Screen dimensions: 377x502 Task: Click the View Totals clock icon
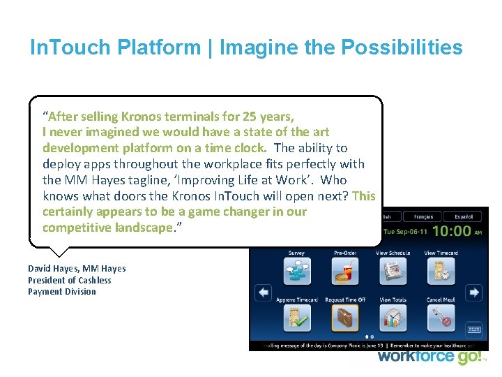pos(393,318)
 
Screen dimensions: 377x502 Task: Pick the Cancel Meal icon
pos(441,318)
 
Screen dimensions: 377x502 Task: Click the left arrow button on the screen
pos(263,293)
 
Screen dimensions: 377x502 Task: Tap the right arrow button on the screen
pos(474,293)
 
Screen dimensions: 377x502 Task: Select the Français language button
pos(423,216)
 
